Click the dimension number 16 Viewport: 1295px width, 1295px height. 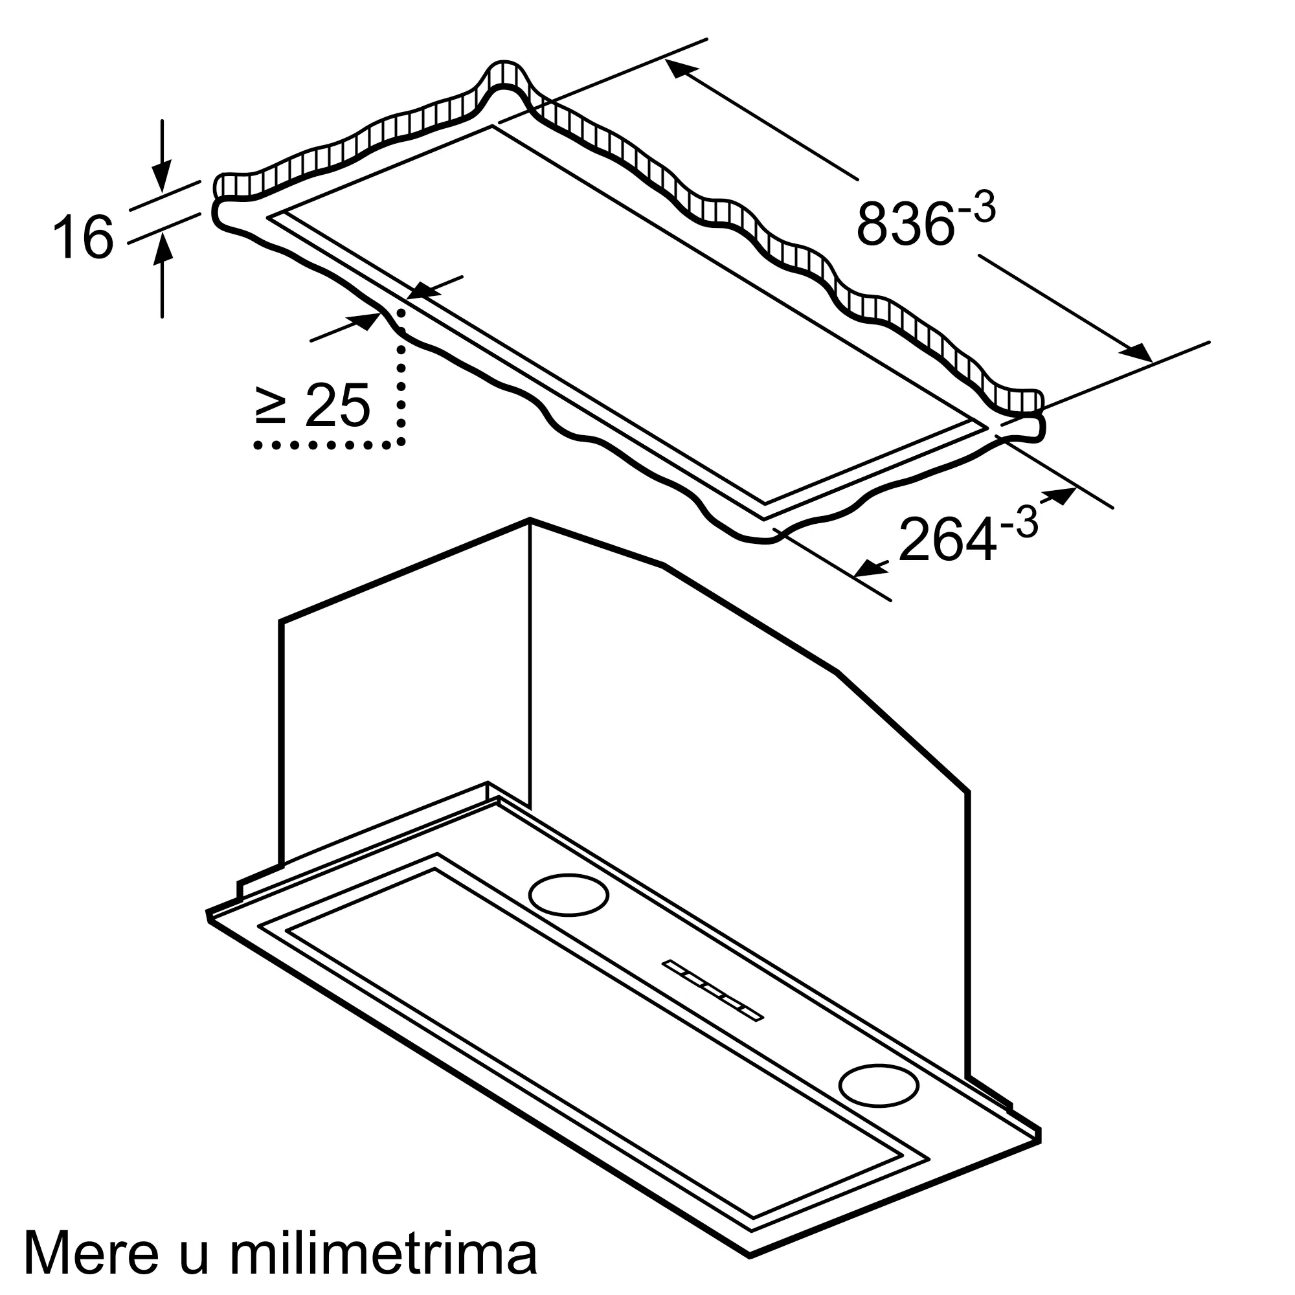pos(83,236)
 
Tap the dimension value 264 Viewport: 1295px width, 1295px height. pos(947,539)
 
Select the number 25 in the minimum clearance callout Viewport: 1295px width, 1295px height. pos(337,405)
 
